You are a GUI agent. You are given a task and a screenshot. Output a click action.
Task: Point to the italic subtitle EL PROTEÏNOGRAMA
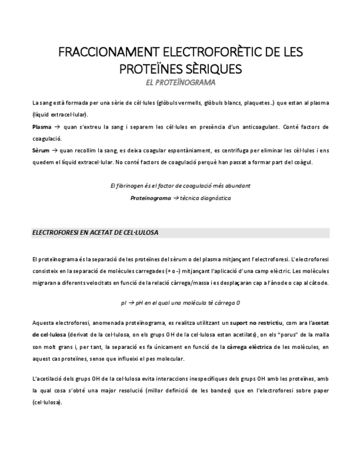(x=180, y=82)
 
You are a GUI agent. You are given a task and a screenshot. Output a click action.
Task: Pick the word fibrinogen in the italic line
(x=134, y=186)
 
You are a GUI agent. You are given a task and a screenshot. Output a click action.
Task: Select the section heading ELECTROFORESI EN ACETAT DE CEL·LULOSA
(x=95, y=232)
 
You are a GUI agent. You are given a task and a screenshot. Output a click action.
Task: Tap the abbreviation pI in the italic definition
(x=123, y=303)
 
